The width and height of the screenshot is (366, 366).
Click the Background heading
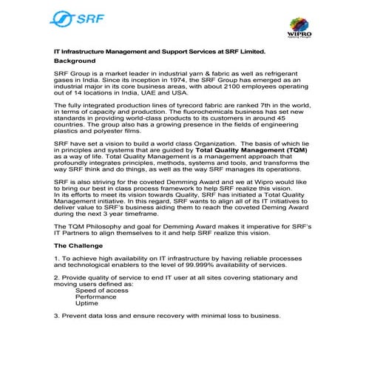(75, 61)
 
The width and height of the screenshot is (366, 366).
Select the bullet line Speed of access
(101, 291)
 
